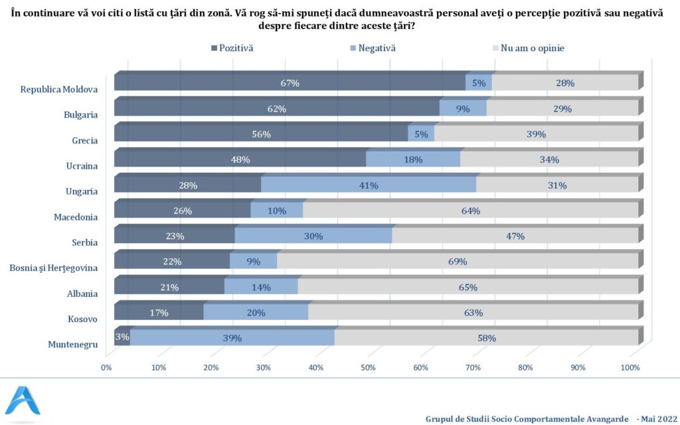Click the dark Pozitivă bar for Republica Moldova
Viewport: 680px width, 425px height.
290,84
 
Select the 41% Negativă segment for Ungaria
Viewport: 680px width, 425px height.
369,185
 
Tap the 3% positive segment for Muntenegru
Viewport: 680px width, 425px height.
122,337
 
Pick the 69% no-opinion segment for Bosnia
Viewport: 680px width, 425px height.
458,262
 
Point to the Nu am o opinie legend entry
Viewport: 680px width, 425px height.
528,48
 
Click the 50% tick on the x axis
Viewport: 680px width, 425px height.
368,367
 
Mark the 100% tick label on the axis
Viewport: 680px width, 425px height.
630,367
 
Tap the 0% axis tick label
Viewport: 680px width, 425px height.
106,367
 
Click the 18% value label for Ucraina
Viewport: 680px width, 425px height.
413,160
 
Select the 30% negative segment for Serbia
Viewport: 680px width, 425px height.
313,236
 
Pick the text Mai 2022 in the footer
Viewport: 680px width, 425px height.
655,418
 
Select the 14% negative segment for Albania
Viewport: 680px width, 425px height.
261,287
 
